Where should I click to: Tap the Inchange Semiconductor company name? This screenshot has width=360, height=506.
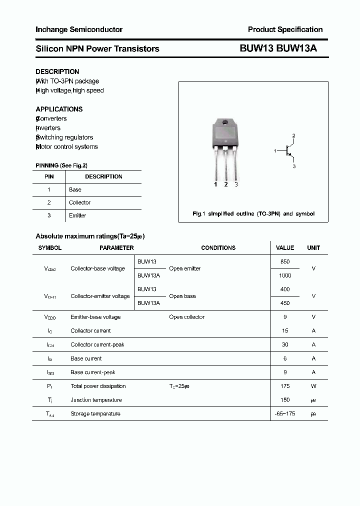(79, 29)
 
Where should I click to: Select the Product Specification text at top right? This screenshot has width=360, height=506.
(285, 29)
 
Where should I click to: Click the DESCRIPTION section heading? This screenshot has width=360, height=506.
(57, 71)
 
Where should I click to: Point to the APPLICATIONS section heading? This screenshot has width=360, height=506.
(59, 109)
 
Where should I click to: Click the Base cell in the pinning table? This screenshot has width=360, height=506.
(75, 189)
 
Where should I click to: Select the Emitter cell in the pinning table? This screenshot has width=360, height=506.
(77, 215)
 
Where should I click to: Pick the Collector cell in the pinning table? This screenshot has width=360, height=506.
(79, 202)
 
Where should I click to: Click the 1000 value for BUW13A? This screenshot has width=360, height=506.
(285, 275)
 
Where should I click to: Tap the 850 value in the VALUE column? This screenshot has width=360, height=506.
(285, 261)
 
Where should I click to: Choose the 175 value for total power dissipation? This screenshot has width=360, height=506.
(285, 386)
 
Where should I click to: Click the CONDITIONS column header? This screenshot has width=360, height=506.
(218, 247)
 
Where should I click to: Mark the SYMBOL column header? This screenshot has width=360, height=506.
(50, 247)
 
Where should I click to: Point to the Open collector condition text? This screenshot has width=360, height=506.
(186, 317)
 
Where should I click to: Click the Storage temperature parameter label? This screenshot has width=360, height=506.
(95, 413)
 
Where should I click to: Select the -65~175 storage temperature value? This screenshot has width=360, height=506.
(285, 413)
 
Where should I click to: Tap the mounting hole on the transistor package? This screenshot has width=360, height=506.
(225, 123)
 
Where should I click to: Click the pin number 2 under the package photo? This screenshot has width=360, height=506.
(226, 184)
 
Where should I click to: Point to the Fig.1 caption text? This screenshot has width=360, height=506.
(253, 213)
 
